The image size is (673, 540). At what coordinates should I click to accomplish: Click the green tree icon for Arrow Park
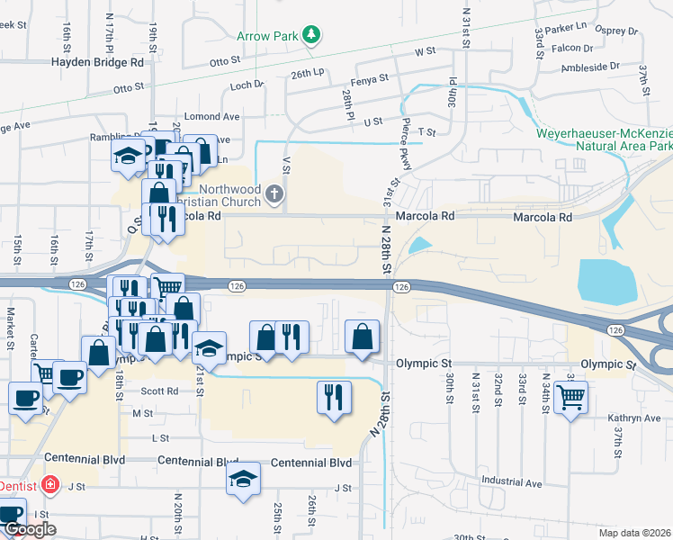(x=311, y=35)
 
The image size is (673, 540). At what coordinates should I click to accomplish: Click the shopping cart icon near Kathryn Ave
(x=570, y=397)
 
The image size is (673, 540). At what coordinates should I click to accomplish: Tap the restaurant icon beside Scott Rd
(x=333, y=396)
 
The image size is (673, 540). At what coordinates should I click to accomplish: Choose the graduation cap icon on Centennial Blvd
(x=243, y=479)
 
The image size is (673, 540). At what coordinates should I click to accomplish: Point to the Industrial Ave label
(x=510, y=483)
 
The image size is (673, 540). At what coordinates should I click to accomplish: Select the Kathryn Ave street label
(x=632, y=418)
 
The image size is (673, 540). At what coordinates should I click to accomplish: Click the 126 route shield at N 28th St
(x=401, y=286)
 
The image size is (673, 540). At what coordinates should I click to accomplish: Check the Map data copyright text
(x=633, y=533)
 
